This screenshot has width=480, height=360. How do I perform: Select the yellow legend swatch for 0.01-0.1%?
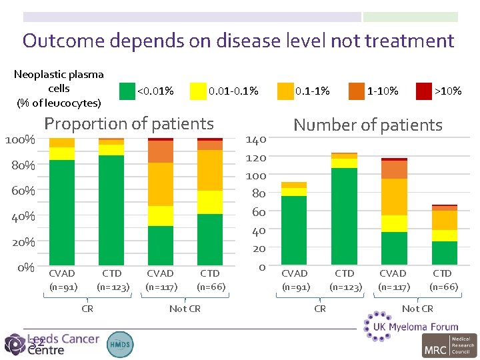click(198, 91)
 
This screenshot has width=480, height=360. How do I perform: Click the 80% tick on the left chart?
click(21, 165)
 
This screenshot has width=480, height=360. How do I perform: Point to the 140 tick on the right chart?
click(256, 139)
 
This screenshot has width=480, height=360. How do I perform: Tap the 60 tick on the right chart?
click(258, 212)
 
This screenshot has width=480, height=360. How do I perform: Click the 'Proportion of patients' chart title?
click(129, 123)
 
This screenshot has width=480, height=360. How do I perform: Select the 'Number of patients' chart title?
click(367, 125)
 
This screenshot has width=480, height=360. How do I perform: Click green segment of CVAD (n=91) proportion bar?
click(62, 212)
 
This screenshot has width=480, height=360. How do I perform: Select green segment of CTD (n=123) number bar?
click(344, 216)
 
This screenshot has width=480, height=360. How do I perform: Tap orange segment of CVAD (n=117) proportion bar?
click(161, 152)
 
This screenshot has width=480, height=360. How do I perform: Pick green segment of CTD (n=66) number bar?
click(444, 253)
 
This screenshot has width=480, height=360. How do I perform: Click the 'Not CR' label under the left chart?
click(185, 309)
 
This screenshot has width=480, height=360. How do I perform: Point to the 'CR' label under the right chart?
click(320, 309)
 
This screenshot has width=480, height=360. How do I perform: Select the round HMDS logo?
click(120, 343)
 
